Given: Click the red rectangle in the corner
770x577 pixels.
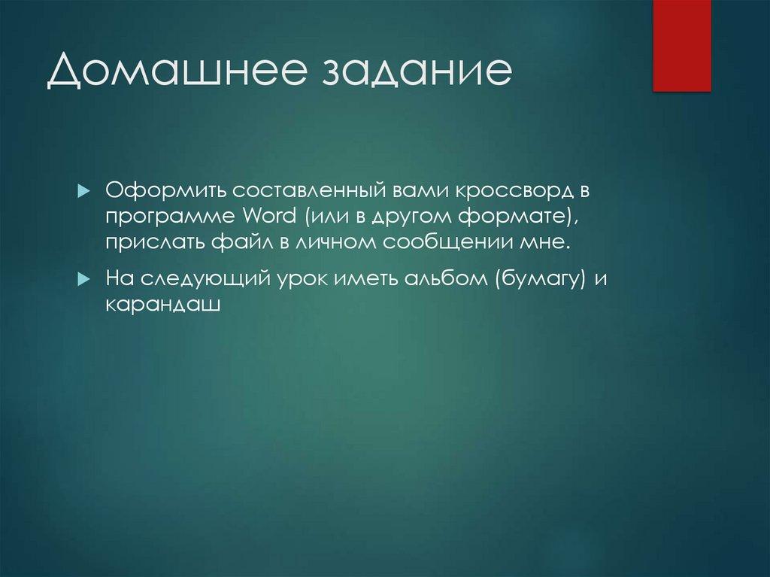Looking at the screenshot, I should tap(681, 46).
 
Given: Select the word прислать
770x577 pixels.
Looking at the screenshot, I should tap(148, 243).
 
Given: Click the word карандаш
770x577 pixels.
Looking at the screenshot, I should tap(162, 305).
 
